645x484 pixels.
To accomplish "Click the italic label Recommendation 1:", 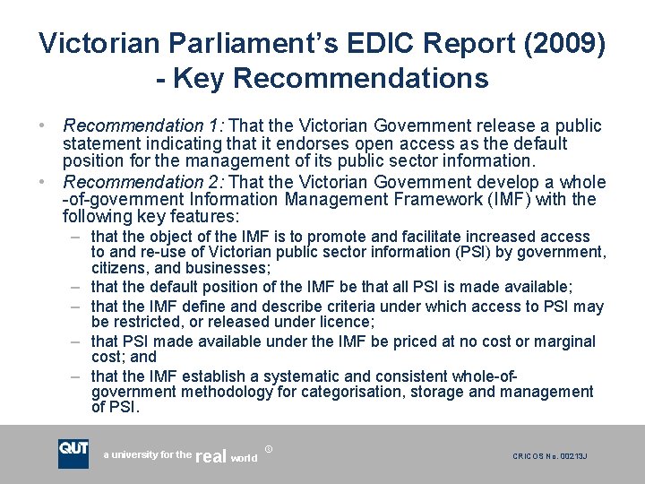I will click(x=133, y=125).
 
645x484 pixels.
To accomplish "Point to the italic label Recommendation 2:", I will click(x=133, y=182).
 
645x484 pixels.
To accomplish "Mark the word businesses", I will click(x=228, y=269).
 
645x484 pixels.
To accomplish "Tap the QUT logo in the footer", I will click(x=73, y=454).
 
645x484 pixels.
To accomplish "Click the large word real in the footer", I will click(x=211, y=456).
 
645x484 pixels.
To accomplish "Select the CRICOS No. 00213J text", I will click(x=549, y=456).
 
